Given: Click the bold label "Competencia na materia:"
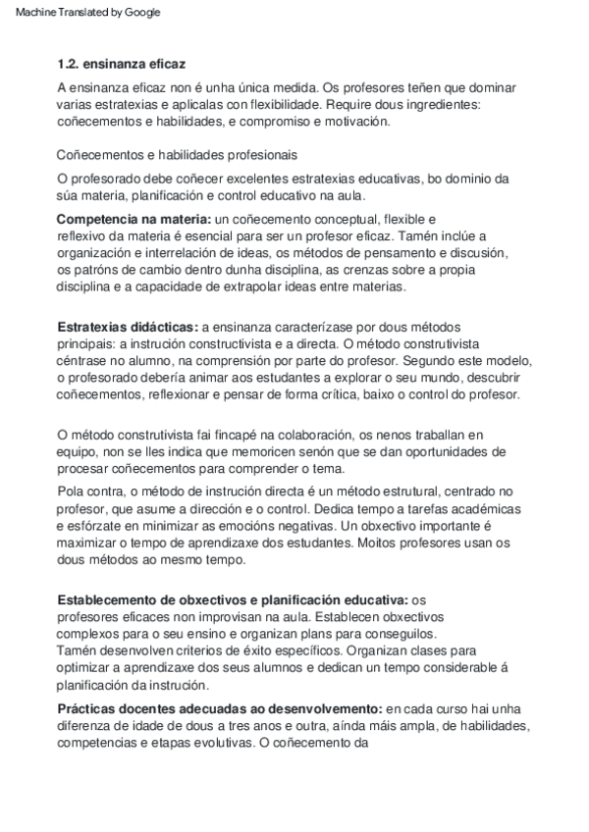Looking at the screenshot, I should pos(133,218).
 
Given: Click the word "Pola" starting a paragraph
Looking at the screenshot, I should pos(71,490).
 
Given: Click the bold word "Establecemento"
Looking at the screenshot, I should pos(107,598).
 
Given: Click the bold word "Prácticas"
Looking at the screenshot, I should pos(84,707).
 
